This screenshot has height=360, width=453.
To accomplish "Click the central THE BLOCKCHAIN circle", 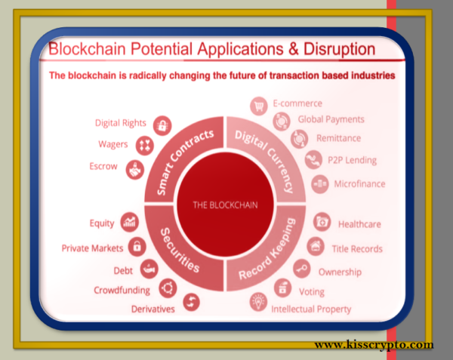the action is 225,205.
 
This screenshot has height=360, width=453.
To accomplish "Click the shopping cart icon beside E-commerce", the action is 258,106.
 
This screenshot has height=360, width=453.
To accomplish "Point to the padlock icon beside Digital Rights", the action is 162,125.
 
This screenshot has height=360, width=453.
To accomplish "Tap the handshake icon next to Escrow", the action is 135,170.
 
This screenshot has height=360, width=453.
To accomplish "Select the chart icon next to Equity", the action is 129,222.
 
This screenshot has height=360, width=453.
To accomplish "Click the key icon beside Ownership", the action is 302,269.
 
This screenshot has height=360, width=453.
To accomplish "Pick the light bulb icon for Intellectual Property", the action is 258,302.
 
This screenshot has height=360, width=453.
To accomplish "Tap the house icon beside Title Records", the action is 316,246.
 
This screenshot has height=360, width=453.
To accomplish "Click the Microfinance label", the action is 359,184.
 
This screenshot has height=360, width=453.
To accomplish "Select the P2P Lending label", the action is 352,160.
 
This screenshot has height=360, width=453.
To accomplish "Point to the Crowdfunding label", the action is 122,290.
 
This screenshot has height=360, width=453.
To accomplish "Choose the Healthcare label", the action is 359,224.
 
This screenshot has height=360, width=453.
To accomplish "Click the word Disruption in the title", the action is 340,49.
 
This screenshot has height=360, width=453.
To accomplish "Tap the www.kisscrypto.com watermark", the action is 374,345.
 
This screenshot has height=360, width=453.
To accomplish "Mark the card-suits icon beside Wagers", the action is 145,145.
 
